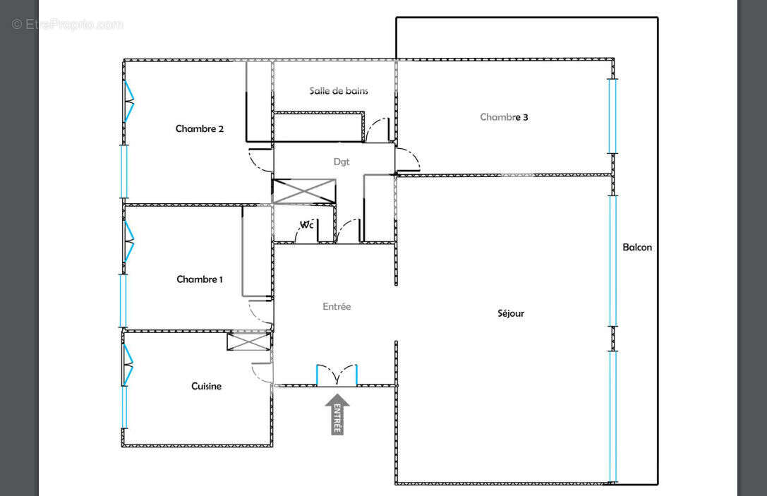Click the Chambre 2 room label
pyautogui.click(x=200, y=128)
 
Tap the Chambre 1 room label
pyautogui.click(x=200, y=279)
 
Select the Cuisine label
pyautogui.click(x=206, y=386)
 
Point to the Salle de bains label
pyautogui.click(x=339, y=90)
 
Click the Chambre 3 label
pyautogui.click(x=504, y=117)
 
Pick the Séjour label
pyautogui.click(x=511, y=313)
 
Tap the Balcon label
pyautogui.click(x=637, y=247)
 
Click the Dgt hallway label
pyautogui.click(x=342, y=162)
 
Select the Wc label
pyautogui.click(x=307, y=225)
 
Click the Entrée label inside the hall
pyautogui.click(x=337, y=306)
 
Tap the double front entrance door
pyautogui.click(x=337, y=375)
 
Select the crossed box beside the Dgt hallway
pyautogui.click(x=303, y=191)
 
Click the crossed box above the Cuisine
pyautogui.click(x=249, y=341)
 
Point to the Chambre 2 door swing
pyautogui.click(x=258, y=161)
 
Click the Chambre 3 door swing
pyautogui.click(x=407, y=161)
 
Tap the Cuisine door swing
pyautogui.click(x=260, y=373)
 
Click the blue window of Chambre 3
pyautogui.click(x=612, y=116)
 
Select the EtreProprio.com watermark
pyautogui.click(x=68, y=24)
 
